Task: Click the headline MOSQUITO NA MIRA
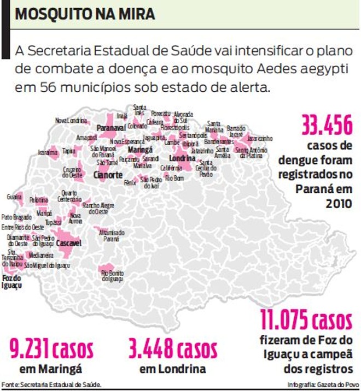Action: coord(85,14)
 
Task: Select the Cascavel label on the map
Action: coord(69,242)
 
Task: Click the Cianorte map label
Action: coord(108,175)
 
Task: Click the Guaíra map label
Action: coord(14,196)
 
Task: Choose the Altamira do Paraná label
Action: coord(111,235)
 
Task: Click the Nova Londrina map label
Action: coord(68,120)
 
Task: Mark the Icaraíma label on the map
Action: coord(48,152)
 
